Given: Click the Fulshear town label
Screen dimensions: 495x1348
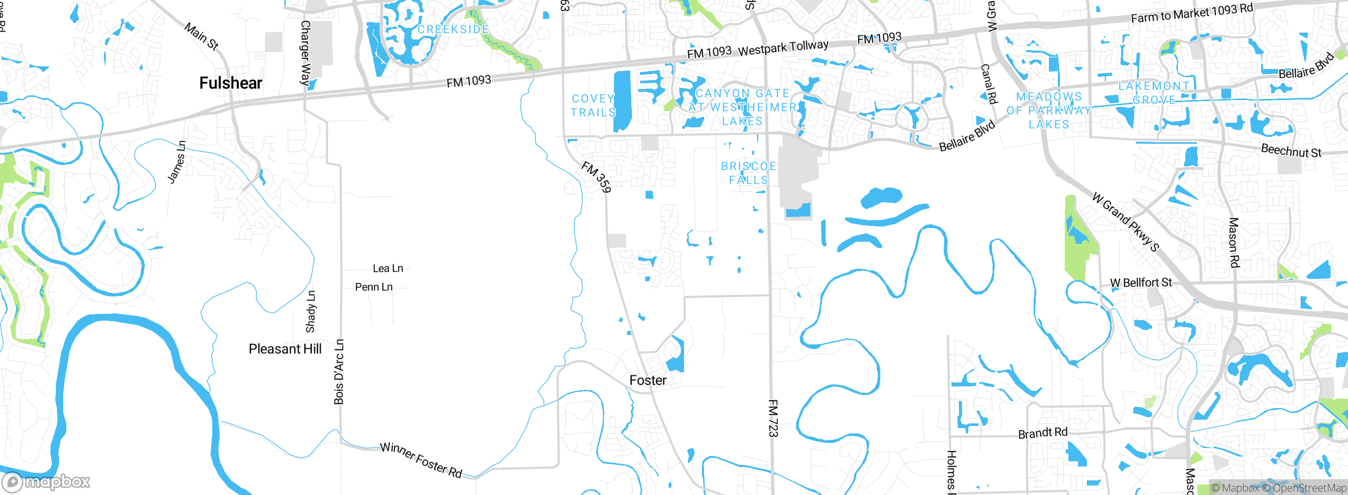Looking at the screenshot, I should click(x=231, y=83).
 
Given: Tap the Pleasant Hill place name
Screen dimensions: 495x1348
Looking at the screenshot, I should click(x=285, y=349).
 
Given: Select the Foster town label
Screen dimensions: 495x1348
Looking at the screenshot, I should click(x=648, y=380).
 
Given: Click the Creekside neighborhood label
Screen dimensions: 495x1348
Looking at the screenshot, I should click(x=453, y=29).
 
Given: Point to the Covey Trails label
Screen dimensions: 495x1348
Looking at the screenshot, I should click(x=593, y=105).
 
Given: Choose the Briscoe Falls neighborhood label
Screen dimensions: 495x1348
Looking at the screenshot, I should click(x=748, y=173).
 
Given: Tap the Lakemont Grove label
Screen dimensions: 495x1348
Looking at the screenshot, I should click(x=1154, y=93).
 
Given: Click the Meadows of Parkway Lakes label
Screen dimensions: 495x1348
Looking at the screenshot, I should click(x=1049, y=111).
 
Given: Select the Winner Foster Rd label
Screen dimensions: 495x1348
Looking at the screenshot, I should click(x=421, y=460).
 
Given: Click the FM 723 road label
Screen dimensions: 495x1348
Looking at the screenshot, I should click(x=772, y=418).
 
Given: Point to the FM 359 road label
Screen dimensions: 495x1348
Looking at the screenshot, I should click(x=597, y=177).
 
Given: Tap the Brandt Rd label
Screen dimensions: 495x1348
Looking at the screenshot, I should click(x=1043, y=433).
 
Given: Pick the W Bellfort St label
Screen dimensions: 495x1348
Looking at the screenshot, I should click(x=1141, y=283).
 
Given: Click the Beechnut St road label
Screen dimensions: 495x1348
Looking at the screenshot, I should click(x=1291, y=151).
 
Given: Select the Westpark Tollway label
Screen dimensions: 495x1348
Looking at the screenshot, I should click(x=783, y=48).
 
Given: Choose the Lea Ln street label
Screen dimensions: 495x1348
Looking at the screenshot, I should click(x=388, y=269).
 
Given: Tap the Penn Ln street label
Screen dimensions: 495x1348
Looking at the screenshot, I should click(x=373, y=287).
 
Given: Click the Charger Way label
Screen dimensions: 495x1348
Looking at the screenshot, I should click(x=305, y=53).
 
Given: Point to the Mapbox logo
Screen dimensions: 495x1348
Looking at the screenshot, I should click(x=46, y=481).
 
